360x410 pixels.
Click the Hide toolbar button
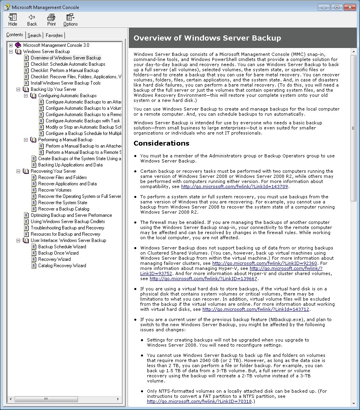click(x=13, y=19)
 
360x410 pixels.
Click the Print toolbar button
click(x=51, y=19)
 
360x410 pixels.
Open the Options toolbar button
click(x=71, y=19)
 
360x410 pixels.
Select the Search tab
click(x=34, y=35)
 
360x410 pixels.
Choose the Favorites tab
click(x=54, y=35)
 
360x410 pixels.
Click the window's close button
click(x=350, y=7)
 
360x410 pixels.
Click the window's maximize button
click(x=337, y=7)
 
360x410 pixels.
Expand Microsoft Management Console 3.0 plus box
click(x=11, y=45)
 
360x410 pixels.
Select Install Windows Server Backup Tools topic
click(x=65, y=83)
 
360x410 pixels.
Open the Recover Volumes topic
click(x=55, y=190)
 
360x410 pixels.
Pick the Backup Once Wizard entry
click(x=58, y=253)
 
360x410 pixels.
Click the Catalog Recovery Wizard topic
click(x=62, y=266)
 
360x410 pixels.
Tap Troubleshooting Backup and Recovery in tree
click(x=67, y=228)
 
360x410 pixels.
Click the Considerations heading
click(x=161, y=143)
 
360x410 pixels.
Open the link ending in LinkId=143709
click(x=235, y=187)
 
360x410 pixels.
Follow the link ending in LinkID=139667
click(x=203, y=279)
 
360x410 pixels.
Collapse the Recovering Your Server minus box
click(x=19, y=171)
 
